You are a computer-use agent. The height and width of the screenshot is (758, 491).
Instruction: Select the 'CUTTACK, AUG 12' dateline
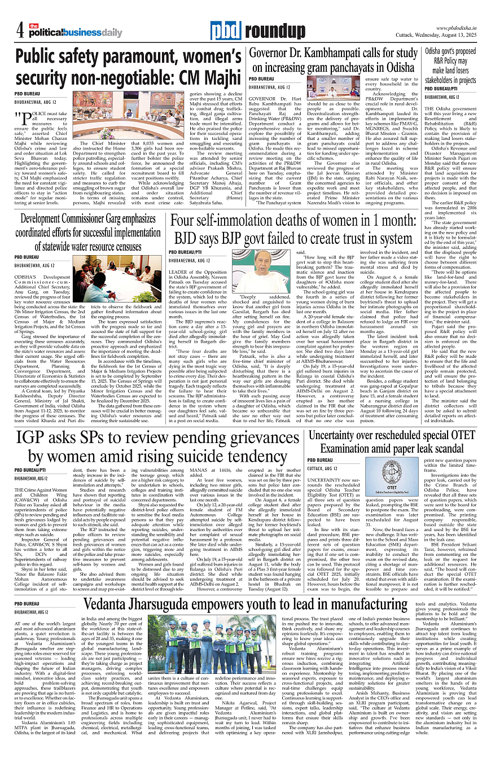coord(322,468)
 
